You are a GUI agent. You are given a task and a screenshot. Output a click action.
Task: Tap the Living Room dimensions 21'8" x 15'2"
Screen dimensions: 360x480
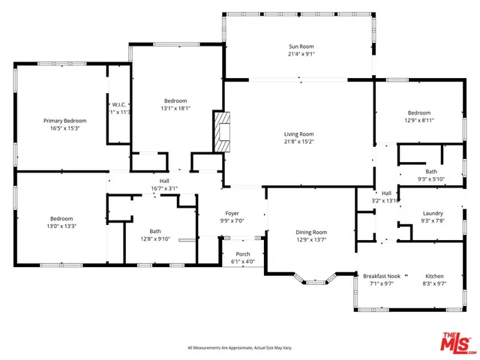(x=298, y=141)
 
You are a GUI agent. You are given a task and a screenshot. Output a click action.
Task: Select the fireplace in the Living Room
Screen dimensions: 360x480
(x=220, y=133)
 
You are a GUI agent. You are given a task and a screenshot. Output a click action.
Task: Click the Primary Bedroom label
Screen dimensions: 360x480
(x=64, y=121)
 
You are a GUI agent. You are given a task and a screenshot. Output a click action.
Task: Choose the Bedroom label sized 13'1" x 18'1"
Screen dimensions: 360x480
(x=175, y=100)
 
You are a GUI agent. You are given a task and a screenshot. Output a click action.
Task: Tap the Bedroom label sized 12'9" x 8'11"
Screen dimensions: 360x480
(x=418, y=112)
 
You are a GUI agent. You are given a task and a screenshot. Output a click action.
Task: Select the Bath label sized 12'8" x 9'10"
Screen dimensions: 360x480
(x=154, y=231)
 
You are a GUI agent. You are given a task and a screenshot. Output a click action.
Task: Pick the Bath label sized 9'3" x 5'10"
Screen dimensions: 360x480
(x=431, y=171)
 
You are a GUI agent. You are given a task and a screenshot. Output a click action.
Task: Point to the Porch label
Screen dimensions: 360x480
(x=242, y=253)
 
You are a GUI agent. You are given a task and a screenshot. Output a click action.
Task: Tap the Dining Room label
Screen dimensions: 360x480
(x=310, y=232)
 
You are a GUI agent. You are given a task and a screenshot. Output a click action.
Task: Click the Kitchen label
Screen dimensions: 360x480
(x=435, y=275)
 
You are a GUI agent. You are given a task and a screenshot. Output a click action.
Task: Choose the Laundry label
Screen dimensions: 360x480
(x=433, y=213)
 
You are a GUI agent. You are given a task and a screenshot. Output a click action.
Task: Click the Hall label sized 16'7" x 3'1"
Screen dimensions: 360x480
(x=164, y=181)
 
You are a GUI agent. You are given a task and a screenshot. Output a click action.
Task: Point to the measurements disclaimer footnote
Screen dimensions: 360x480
(x=239, y=347)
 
